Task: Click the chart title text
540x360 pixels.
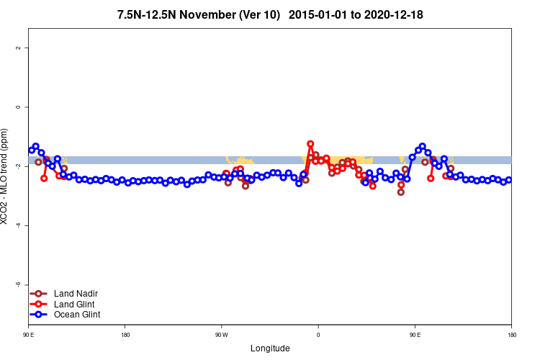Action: (270, 15)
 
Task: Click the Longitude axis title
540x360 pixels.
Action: (270, 348)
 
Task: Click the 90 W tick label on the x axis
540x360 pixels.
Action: (221, 336)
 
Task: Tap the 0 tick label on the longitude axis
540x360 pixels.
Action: (318, 336)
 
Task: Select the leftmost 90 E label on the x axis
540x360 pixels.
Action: (29, 336)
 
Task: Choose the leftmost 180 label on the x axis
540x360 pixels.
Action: (125, 336)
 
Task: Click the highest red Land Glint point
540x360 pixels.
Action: (310, 144)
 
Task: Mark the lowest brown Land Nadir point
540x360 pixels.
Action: (401, 192)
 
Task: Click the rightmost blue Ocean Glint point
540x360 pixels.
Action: (508, 180)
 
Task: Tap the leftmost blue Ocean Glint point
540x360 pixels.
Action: (32, 150)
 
